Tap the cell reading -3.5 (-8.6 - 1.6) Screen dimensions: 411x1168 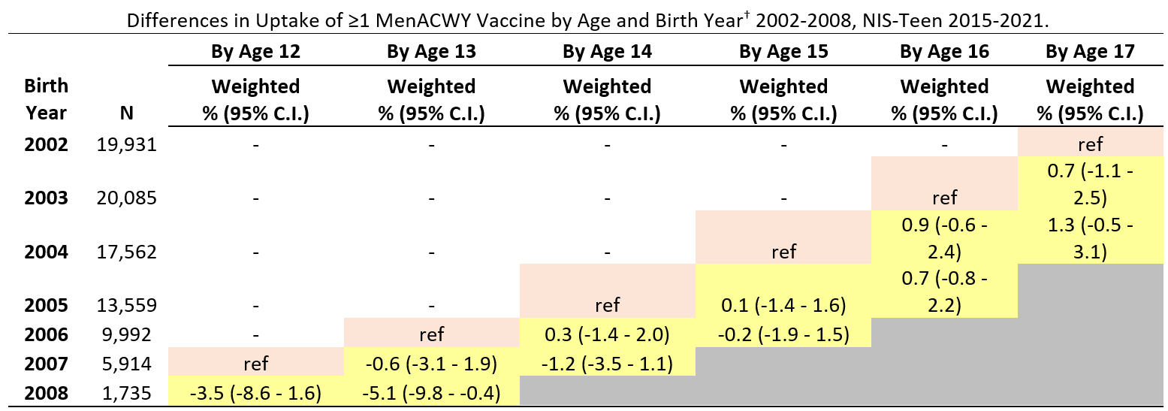pos(255,393)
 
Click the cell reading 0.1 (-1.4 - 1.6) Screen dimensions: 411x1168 pos(783,305)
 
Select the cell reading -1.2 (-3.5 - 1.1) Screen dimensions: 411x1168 pos(607,364)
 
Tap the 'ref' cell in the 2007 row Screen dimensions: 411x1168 pos(255,364)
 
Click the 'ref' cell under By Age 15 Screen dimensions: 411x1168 pos(783,252)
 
